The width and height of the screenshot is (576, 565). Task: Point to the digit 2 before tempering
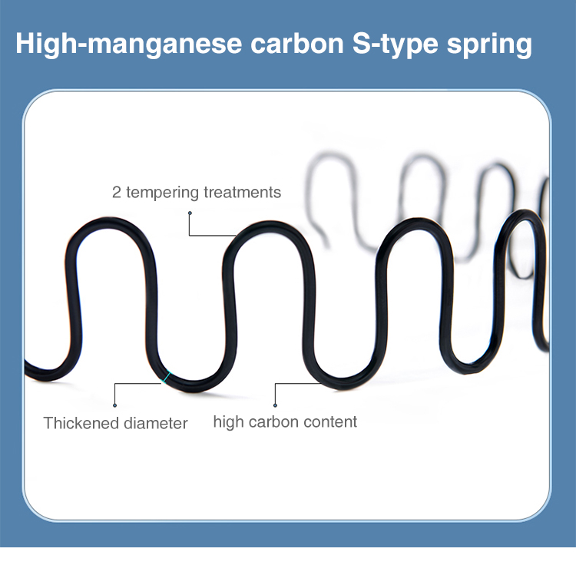click(x=117, y=192)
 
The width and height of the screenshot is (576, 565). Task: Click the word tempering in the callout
click(x=162, y=193)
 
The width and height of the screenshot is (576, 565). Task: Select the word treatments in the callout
click(x=242, y=192)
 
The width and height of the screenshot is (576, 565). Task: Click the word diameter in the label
click(x=154, y=423)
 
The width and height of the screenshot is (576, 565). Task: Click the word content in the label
click(x=329, y=421)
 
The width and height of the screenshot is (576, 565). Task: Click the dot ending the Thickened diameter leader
click(x=115, y=405)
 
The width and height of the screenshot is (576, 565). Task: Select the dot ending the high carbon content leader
click(x=275, y=405)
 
